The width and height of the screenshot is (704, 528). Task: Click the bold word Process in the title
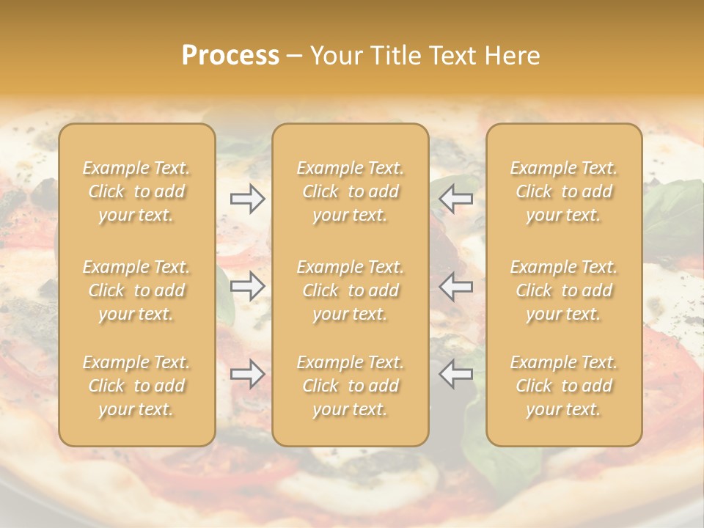click(x=230, y=56)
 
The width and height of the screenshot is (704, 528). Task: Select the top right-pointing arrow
click(x=247, y=199)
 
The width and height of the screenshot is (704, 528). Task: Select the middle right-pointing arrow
click(x=247, y=286)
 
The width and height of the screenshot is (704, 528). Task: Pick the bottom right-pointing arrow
click(x=247, y=374)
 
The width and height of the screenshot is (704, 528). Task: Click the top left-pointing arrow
click(x=455, y=199)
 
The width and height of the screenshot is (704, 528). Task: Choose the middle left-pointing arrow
click(x=455, y=286)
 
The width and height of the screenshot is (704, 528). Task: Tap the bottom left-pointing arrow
click(x=455, y=374)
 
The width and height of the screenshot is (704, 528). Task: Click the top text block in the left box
click(x=136, y=191)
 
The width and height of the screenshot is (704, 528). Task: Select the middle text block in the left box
click(x=136, y=290)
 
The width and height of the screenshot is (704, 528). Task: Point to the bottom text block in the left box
click(x=136, y=386)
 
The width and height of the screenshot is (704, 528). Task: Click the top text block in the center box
click(x=350, y=191)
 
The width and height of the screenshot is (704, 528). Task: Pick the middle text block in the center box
click(x=350, y=290)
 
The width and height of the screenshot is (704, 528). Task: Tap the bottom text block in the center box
click(x=350, y=386)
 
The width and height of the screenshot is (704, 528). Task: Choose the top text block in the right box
click(x=564, y=191)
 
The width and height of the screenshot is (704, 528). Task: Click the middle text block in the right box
click(x=564, y=290)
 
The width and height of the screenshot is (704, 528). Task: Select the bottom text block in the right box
click(x=564, y=386)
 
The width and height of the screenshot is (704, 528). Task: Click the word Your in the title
click(x=333, y=56)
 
